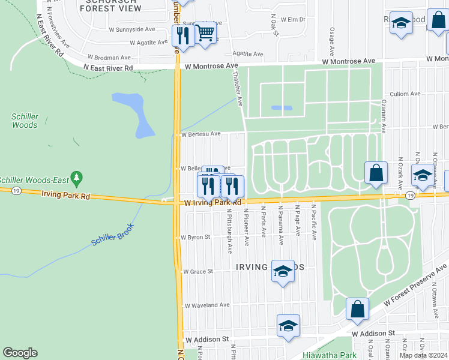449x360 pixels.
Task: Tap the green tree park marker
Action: pos(76,178)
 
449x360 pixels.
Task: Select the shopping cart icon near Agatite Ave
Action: pos(205,33)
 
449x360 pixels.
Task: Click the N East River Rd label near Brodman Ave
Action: pos(107,68)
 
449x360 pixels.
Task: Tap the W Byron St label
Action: pos(196,238)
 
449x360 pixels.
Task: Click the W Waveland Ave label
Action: pos(207,305)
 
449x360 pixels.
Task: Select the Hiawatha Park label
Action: pos(330,355)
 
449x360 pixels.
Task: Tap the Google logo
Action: pos(20,353)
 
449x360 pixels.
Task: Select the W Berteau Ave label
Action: pos(201,134)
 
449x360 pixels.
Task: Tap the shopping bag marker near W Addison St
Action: pos(357,309)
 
